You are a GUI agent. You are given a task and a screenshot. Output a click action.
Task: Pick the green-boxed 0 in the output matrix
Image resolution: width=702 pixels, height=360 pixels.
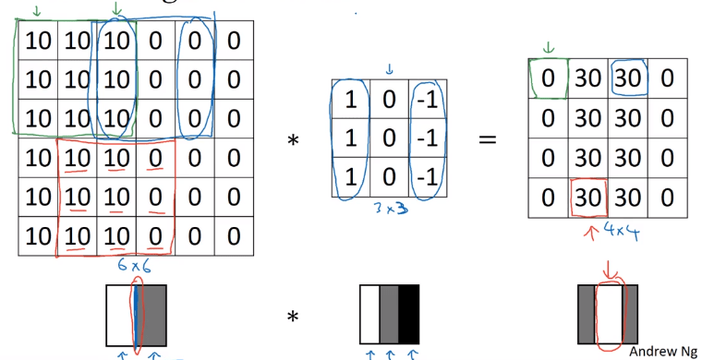click(549, 79)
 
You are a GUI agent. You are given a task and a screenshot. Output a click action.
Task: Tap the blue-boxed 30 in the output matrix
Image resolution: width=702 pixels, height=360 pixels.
click(627, 79)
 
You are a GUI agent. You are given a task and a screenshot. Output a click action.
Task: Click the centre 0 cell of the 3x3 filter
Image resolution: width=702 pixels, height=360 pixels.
click(389, 138)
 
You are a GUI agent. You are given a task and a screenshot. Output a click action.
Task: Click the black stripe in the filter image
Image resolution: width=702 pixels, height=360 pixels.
click(408, 314)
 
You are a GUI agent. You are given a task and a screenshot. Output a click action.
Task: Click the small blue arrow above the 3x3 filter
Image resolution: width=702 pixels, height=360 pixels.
click(389, 68)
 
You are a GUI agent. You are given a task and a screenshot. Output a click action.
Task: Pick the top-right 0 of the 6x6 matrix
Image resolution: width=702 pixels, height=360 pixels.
click(234, 41)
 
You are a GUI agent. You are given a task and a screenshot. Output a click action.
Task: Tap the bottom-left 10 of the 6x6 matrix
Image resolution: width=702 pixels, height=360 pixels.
click(38, 236)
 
